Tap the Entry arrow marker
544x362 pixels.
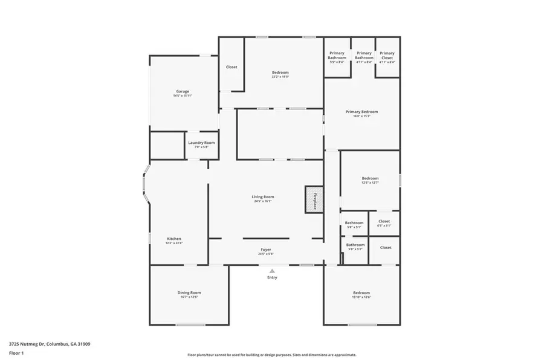tap(272, 271)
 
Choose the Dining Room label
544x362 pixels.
tap(189, 294)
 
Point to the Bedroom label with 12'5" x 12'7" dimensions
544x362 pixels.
tap(370, 179)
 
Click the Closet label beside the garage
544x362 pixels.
tap(232, 67)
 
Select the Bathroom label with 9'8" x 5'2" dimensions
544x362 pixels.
tap(355, 246)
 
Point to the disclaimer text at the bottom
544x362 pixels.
tap(271, 355)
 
